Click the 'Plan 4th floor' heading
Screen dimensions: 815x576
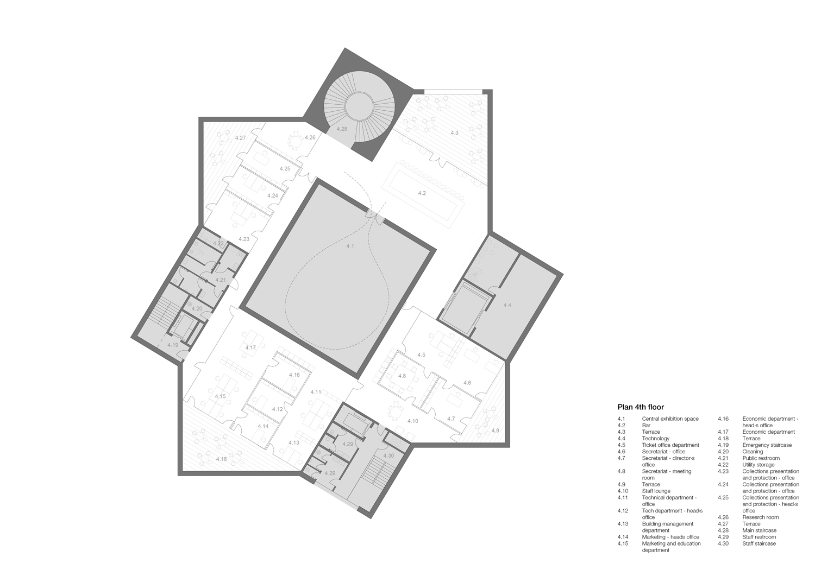[x=641, y=407]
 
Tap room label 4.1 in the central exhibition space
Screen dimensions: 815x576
[x=350, y=246]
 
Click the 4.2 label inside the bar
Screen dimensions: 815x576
[x=422, y=193]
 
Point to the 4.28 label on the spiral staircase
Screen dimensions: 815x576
[x=342, y=129]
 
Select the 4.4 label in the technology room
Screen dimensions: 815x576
[x=507, y=305]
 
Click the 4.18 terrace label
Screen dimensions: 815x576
[x=221, y=459]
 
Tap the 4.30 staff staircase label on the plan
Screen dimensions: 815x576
[x=388, y=455]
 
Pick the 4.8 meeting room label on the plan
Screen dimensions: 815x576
[x=402, y=376]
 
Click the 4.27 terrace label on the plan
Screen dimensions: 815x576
[x=241, y=138]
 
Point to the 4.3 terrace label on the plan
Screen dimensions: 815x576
[x=454, y=132]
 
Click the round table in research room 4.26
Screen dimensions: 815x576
[x=295, y=140]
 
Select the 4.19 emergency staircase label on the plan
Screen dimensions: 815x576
[x=173, y=345]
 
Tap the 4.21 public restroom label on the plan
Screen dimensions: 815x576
[x=221, y=280]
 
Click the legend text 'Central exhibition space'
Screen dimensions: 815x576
[x=670, y=419]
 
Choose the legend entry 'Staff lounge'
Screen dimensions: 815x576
[x=656, y=491]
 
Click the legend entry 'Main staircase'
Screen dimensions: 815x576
[x=760, y=530]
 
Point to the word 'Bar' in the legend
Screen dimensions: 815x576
[x=646, y=426]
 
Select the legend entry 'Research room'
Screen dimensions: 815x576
[x=761, y=517]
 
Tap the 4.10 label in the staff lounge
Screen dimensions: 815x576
[x=412, y=421]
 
